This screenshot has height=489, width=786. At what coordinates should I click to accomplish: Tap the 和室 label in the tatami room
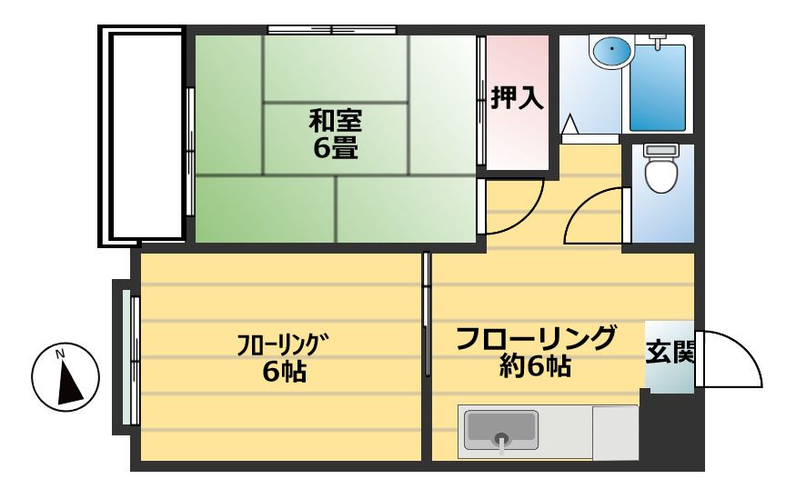tap(334, 120)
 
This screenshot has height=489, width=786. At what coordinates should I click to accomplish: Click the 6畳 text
tap(335, 148)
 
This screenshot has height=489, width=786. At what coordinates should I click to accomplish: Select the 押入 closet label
tap(518, 98)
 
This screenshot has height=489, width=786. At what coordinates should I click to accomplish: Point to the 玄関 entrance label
tap(670, 352)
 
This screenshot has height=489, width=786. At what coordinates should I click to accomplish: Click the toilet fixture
tap(660, 170)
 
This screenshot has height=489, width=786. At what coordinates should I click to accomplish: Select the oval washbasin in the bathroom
tap(610, 51)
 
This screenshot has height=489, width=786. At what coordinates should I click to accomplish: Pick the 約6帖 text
tap(536, 366)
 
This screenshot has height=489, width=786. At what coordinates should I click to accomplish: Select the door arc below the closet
tap(514, 205)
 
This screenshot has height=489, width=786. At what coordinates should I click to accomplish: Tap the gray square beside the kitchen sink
tap(615, 432)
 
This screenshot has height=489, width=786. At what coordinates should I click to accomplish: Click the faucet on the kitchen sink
tap(500, 441)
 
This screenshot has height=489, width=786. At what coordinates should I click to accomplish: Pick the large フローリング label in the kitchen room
tap(536, 337)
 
